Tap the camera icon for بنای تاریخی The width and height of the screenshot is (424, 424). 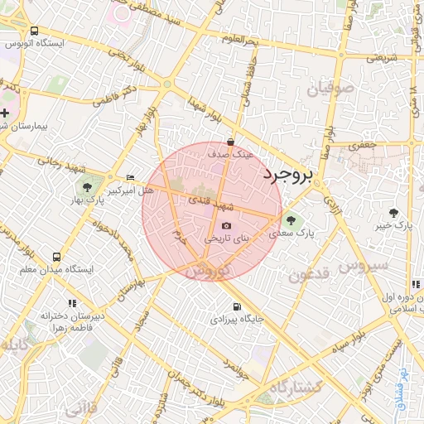pos(227,226)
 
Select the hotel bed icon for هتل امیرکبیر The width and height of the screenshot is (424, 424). pos(130,178)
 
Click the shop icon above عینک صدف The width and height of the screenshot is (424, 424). pos(229,142)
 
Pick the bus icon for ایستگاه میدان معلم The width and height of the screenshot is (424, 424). pos(56,258)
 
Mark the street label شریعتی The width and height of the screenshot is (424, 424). pos(382,58)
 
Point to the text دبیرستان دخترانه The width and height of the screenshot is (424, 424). pos(60,315)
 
